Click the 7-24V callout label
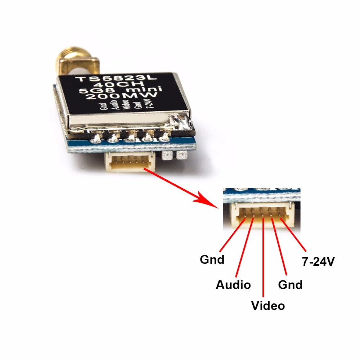tap(318, 262)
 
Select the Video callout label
tap(268, 306)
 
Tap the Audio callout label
tap(233, 285)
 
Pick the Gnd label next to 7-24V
tap(290, 285)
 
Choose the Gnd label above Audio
tap(212, 259)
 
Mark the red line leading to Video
tap(264, 259)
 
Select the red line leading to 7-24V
tap(293, 234)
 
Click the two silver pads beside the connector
tap(175, 156)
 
